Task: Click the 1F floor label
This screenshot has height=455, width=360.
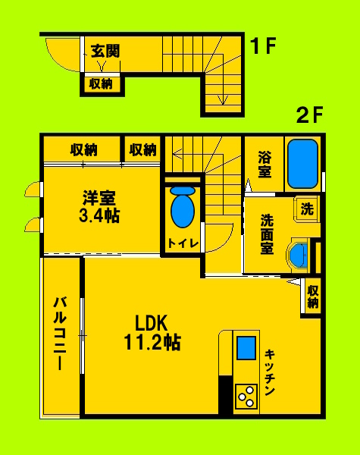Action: click(263, 47)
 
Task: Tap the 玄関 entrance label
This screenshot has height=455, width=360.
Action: click(105, 52)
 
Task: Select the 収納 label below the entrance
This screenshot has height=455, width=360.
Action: click(101, 84)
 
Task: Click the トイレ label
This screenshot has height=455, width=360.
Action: click(183, 243)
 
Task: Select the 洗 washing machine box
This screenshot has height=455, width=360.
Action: click(306, 208)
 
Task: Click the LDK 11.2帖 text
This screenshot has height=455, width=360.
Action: click(152, 332)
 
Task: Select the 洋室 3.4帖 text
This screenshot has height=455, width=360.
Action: click(99, 206)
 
